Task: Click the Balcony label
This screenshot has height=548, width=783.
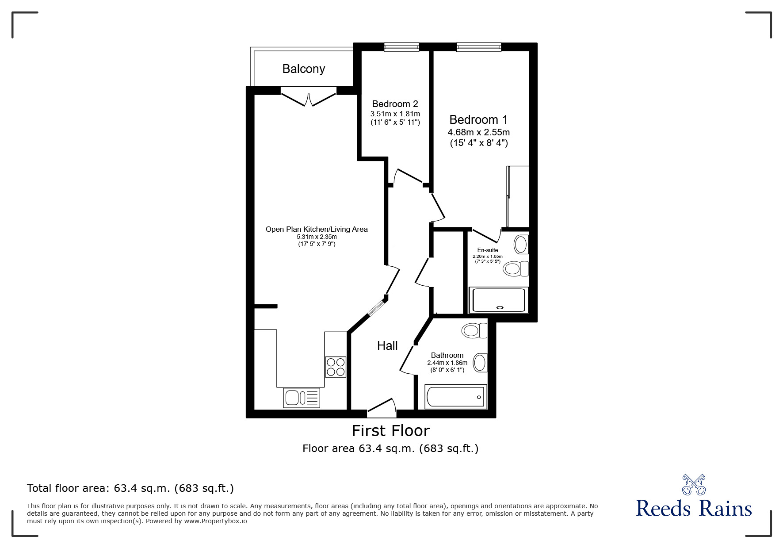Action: [303, 69]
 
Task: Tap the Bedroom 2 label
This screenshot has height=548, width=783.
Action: [395, 104]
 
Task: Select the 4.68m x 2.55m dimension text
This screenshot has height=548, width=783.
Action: [478, 132]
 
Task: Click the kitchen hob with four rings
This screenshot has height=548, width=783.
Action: [336, 367]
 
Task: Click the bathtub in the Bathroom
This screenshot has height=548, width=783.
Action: [455, 397]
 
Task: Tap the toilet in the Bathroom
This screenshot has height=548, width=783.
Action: [474, 330]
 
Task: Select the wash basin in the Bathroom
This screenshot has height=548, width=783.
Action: [480, 363]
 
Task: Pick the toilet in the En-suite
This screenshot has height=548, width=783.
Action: [516, 268]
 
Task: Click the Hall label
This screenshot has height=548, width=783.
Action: [387, 346]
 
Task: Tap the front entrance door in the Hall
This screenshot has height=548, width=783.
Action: [381, 409]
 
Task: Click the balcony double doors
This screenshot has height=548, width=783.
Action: [308, 97]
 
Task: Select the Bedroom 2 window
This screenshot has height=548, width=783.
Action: [401, 47]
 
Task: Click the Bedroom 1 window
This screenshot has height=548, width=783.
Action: [478, 47]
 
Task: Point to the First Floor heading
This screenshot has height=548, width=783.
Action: [390, 430]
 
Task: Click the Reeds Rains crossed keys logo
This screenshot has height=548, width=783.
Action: [694, 485]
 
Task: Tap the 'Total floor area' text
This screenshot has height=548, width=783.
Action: [130, 488]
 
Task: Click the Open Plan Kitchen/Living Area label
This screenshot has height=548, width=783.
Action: [317, 229]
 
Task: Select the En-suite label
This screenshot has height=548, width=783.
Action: [487, 250]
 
